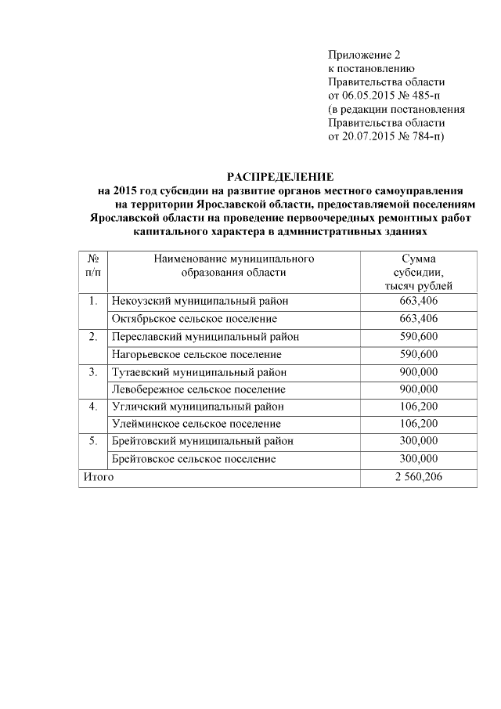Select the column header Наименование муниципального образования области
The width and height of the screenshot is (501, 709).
[x=234, y=266]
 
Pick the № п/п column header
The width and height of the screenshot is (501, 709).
[x=92, y=266]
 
